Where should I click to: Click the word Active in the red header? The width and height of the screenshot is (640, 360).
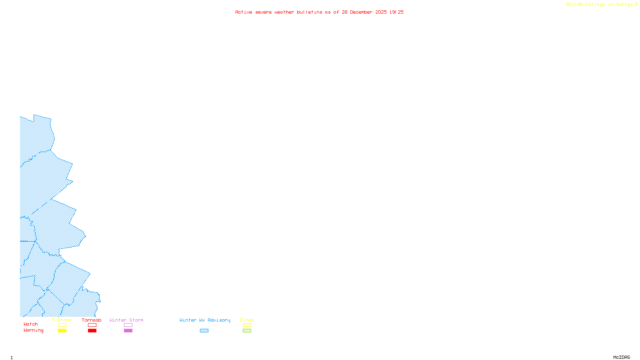tap(244, 12)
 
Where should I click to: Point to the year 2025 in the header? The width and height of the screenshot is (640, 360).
tap(381, 12)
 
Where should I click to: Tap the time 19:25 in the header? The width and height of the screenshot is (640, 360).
tap(396, 12)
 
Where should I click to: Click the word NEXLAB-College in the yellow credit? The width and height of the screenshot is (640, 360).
tap(586, 4)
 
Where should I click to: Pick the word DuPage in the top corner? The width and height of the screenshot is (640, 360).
tap(624, 4)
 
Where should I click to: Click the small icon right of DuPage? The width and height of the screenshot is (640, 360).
tap(636, 4)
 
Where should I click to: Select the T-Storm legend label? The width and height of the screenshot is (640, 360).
tap(62, 320)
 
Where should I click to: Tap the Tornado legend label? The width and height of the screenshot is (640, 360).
tap(92, 320)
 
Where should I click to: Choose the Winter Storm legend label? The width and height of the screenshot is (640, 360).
tap(126, 320)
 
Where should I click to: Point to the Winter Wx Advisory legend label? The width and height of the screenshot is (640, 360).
tap(205, 320)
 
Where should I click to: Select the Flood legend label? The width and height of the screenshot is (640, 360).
tap(247, 320)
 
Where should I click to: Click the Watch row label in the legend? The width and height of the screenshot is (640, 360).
tap(31, 324)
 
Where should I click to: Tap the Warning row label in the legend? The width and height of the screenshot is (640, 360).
tap(34, 330)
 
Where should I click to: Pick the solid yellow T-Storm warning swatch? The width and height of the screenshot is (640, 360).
tap(62, 331)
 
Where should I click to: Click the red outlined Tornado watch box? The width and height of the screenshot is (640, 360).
tap(92, 325)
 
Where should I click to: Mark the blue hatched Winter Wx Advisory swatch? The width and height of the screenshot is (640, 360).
tap(204, 331)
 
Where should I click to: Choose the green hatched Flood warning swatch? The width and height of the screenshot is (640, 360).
tap(247, 331)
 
